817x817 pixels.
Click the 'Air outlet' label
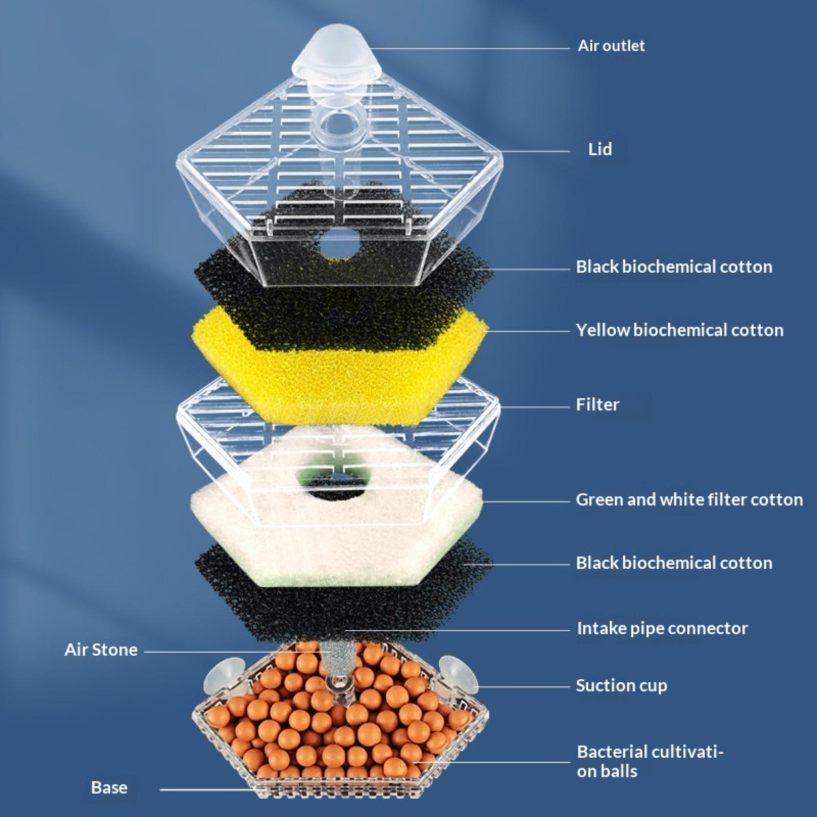[x=611, y=46]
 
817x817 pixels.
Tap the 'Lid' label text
[x=600, y=149]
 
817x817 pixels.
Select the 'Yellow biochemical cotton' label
[x=680, y=330]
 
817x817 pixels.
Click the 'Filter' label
[x=597, y=404]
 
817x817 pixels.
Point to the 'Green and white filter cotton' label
[x=689, y=499]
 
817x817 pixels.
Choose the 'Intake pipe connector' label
[x=662, y=628]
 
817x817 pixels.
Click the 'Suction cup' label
[x=621, y=685]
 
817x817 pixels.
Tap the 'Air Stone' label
[x=101, y=650]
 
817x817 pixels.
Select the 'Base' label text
[x=109, y=787]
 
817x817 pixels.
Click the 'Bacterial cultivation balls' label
[x=650, y=761]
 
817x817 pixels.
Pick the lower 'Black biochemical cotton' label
[x=674, y=563]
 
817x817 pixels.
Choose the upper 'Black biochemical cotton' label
[x=674, y=267]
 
